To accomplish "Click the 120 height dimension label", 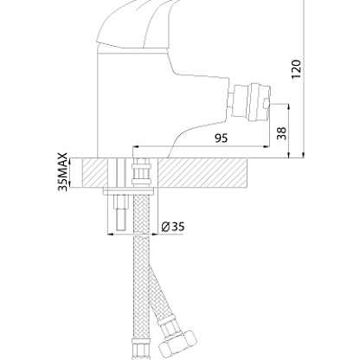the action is [296, 69].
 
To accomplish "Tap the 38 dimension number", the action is [282, 133].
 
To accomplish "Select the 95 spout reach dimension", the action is [222, 138].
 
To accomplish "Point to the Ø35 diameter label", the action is [173, 227].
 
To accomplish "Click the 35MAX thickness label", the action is [63, 172].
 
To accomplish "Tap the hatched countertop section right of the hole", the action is [202, 173].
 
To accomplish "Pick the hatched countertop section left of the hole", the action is [95, 173].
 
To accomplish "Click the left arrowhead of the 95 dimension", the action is [135, 146].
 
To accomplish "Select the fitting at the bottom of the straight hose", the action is [140, 350].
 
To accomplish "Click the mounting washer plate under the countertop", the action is [128, 191].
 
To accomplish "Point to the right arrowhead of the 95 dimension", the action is [267, 146].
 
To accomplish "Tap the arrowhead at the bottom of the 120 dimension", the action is [304, 155].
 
